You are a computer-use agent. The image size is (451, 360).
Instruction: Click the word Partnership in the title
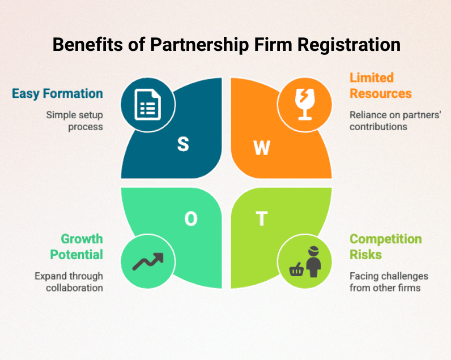click(x=199, y=45)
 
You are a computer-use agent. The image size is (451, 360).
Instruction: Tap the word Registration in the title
click(x=349, y=45)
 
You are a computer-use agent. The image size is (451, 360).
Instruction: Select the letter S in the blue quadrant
click(x=183, y=144)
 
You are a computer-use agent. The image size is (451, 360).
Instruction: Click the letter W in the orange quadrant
click(x=262, y=148)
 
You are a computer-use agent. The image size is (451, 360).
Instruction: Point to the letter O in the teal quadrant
click(x=191, y=218)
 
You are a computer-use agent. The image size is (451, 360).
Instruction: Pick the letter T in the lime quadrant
click(x=262, y=218)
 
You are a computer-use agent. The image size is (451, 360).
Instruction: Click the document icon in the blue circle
click(x=147, y=105)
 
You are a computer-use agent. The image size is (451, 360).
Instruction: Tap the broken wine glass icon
click(x=305, y=105)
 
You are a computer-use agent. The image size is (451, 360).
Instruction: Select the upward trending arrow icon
click(x=148, y=262)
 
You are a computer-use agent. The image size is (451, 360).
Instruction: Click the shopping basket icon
click(x=296, y=270)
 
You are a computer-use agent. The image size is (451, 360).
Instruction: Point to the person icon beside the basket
click(x=313, y=262)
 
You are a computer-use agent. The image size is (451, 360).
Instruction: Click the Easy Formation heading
click(x=57, y=94)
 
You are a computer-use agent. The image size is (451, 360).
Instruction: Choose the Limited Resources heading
click(x=381, y=85)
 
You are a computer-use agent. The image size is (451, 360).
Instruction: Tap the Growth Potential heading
click(x=76, y=247)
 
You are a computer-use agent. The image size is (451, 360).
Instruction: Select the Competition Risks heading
click(x=386, y=247)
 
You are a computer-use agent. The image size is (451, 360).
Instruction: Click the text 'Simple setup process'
click(x=74, y=121)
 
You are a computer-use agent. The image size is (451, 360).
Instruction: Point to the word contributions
click(x=378, y=127)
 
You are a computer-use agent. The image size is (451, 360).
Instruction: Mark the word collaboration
click(x=74, y=288)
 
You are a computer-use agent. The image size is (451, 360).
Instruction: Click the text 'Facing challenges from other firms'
click(x=389, y=282)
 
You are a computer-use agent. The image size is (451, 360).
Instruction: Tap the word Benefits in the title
click(x=88, y=45)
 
